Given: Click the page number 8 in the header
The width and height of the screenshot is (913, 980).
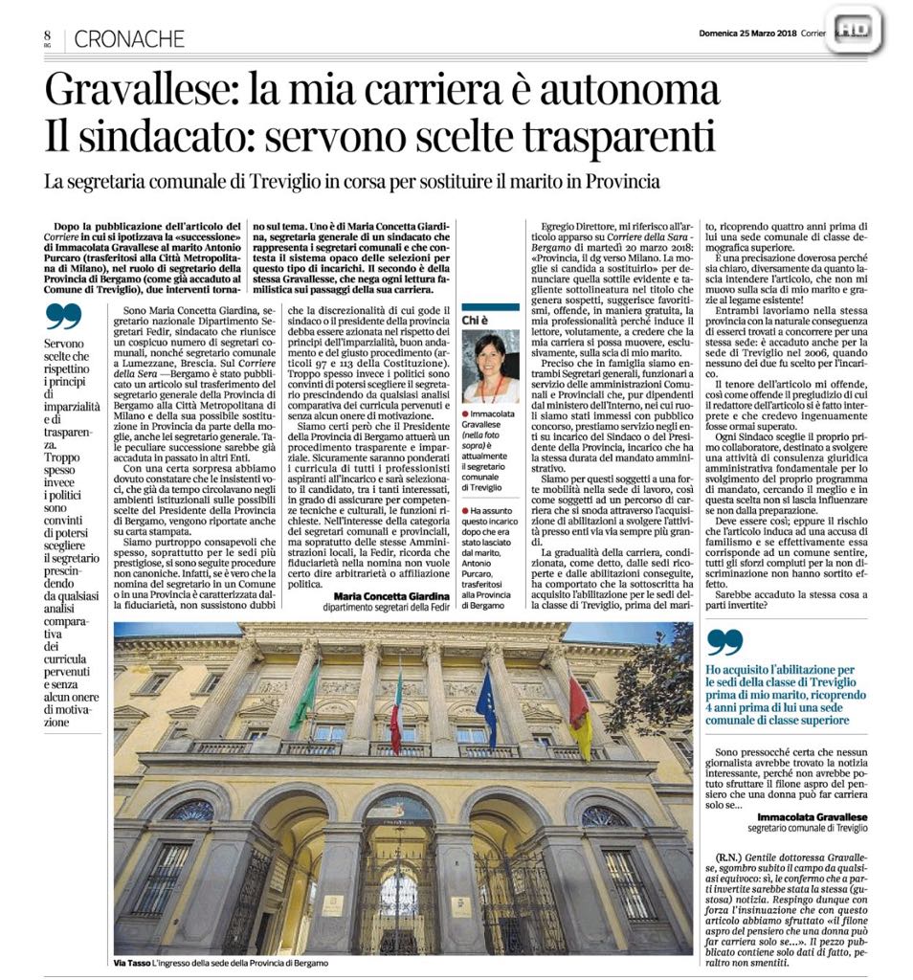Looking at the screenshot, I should coord(46,34).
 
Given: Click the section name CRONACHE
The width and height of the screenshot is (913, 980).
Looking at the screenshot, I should coord(128,39).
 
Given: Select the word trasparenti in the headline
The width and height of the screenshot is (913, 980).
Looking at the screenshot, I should coord(621,138).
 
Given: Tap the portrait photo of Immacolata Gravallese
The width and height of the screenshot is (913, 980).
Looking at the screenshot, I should coord(488,368).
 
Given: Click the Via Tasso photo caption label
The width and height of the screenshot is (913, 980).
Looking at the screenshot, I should coord(131,961).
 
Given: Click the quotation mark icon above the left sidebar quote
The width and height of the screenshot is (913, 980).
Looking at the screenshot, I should coord(63,315).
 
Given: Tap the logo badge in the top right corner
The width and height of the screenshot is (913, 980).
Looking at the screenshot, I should coord(854,32).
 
